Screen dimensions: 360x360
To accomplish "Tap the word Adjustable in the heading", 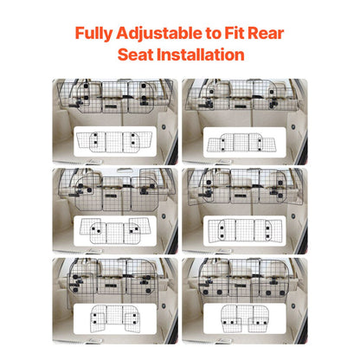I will (157, 34).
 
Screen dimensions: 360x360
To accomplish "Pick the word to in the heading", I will (214, 34).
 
